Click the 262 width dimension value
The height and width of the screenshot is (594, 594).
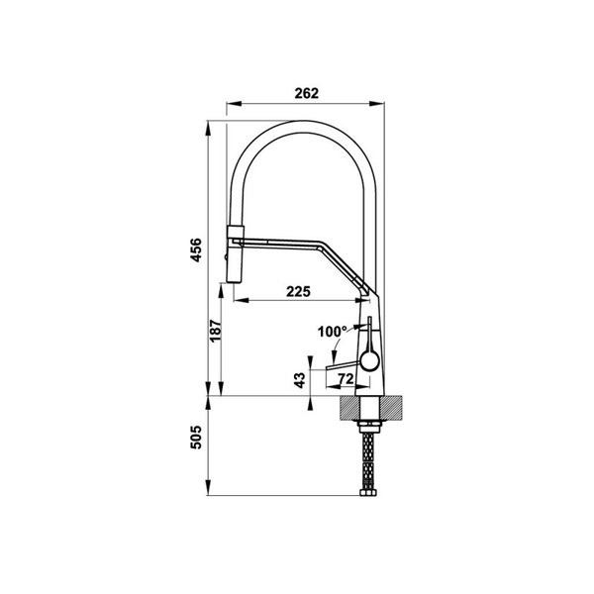306,93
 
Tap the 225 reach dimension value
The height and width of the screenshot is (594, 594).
300,290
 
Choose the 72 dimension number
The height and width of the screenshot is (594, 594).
346,379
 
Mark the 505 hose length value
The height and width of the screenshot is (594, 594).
197,435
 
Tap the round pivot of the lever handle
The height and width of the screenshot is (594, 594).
368,358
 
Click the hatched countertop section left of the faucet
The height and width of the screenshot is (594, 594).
347,405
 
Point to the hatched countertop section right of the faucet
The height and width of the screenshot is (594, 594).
391,405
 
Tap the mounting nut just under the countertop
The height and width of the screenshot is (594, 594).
368,424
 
